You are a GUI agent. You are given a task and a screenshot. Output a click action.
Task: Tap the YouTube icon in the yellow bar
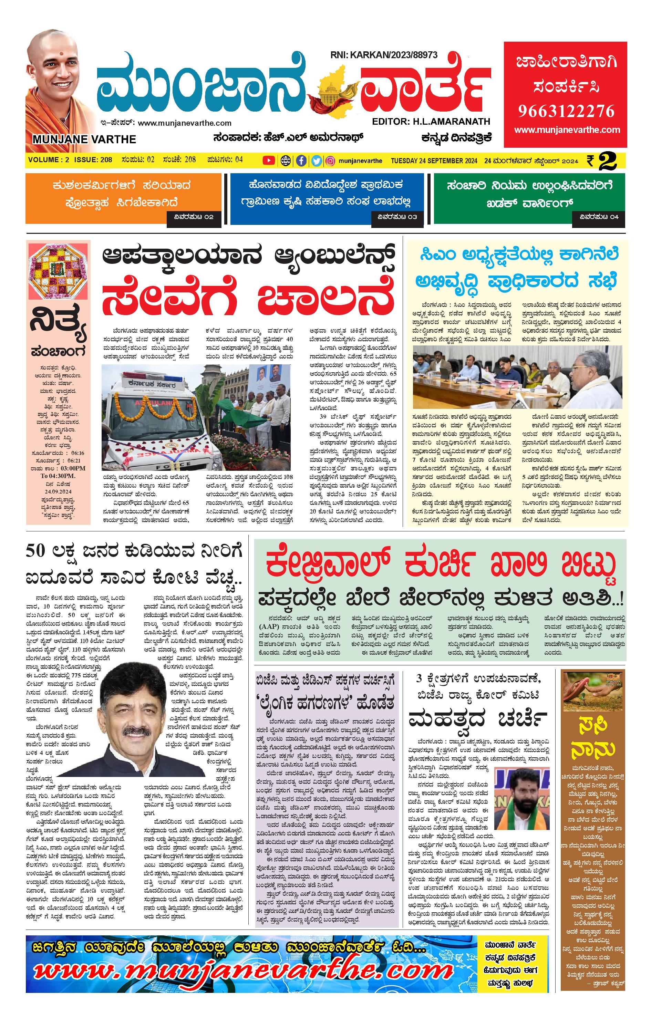268,160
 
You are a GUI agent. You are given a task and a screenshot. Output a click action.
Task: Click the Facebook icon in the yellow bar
301,160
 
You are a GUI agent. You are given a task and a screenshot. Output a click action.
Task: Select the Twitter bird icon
316,160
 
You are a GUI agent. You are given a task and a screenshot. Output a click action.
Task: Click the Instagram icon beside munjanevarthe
331,160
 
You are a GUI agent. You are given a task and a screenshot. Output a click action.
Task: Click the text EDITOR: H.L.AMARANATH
431,122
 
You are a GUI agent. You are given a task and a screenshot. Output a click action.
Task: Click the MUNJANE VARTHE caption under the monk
84,139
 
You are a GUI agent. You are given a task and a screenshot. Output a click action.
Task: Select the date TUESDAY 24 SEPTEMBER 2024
434,160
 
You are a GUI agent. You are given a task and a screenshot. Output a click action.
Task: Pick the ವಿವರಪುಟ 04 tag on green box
599,217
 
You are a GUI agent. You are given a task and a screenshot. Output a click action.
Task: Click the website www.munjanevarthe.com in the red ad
567,130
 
